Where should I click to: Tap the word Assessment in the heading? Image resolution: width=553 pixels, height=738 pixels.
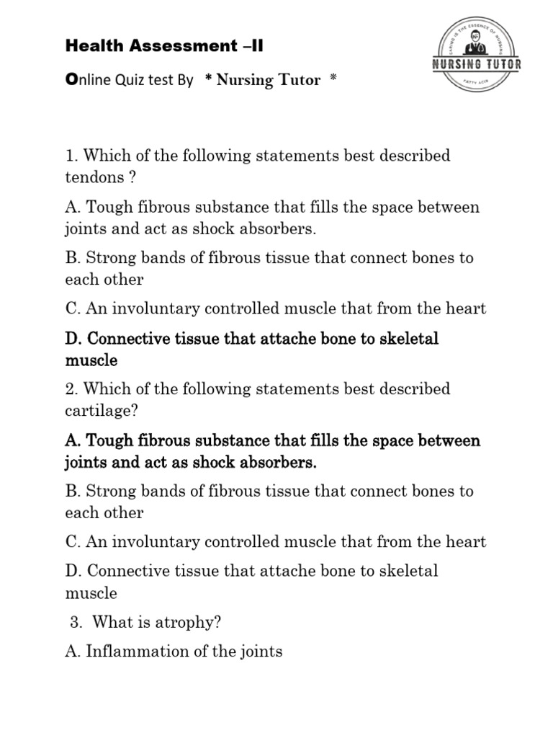[x=176, y=47]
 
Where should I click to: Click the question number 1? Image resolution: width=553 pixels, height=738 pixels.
[x=69, y=156]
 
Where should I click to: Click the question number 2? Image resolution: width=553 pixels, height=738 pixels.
[x=70, y=389]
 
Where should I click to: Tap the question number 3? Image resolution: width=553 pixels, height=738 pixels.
[x=76, y=622]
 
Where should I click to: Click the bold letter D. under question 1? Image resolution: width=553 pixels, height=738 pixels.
[x=73, y=339]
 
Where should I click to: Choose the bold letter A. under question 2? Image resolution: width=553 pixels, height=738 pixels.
[x=72, y=440]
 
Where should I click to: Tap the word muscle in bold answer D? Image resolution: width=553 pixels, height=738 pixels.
[x=91, y=360]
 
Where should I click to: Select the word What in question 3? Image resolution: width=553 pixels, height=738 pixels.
[x=111, y=622]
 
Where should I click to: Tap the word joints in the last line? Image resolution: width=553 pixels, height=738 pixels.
[x=260, y=652]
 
